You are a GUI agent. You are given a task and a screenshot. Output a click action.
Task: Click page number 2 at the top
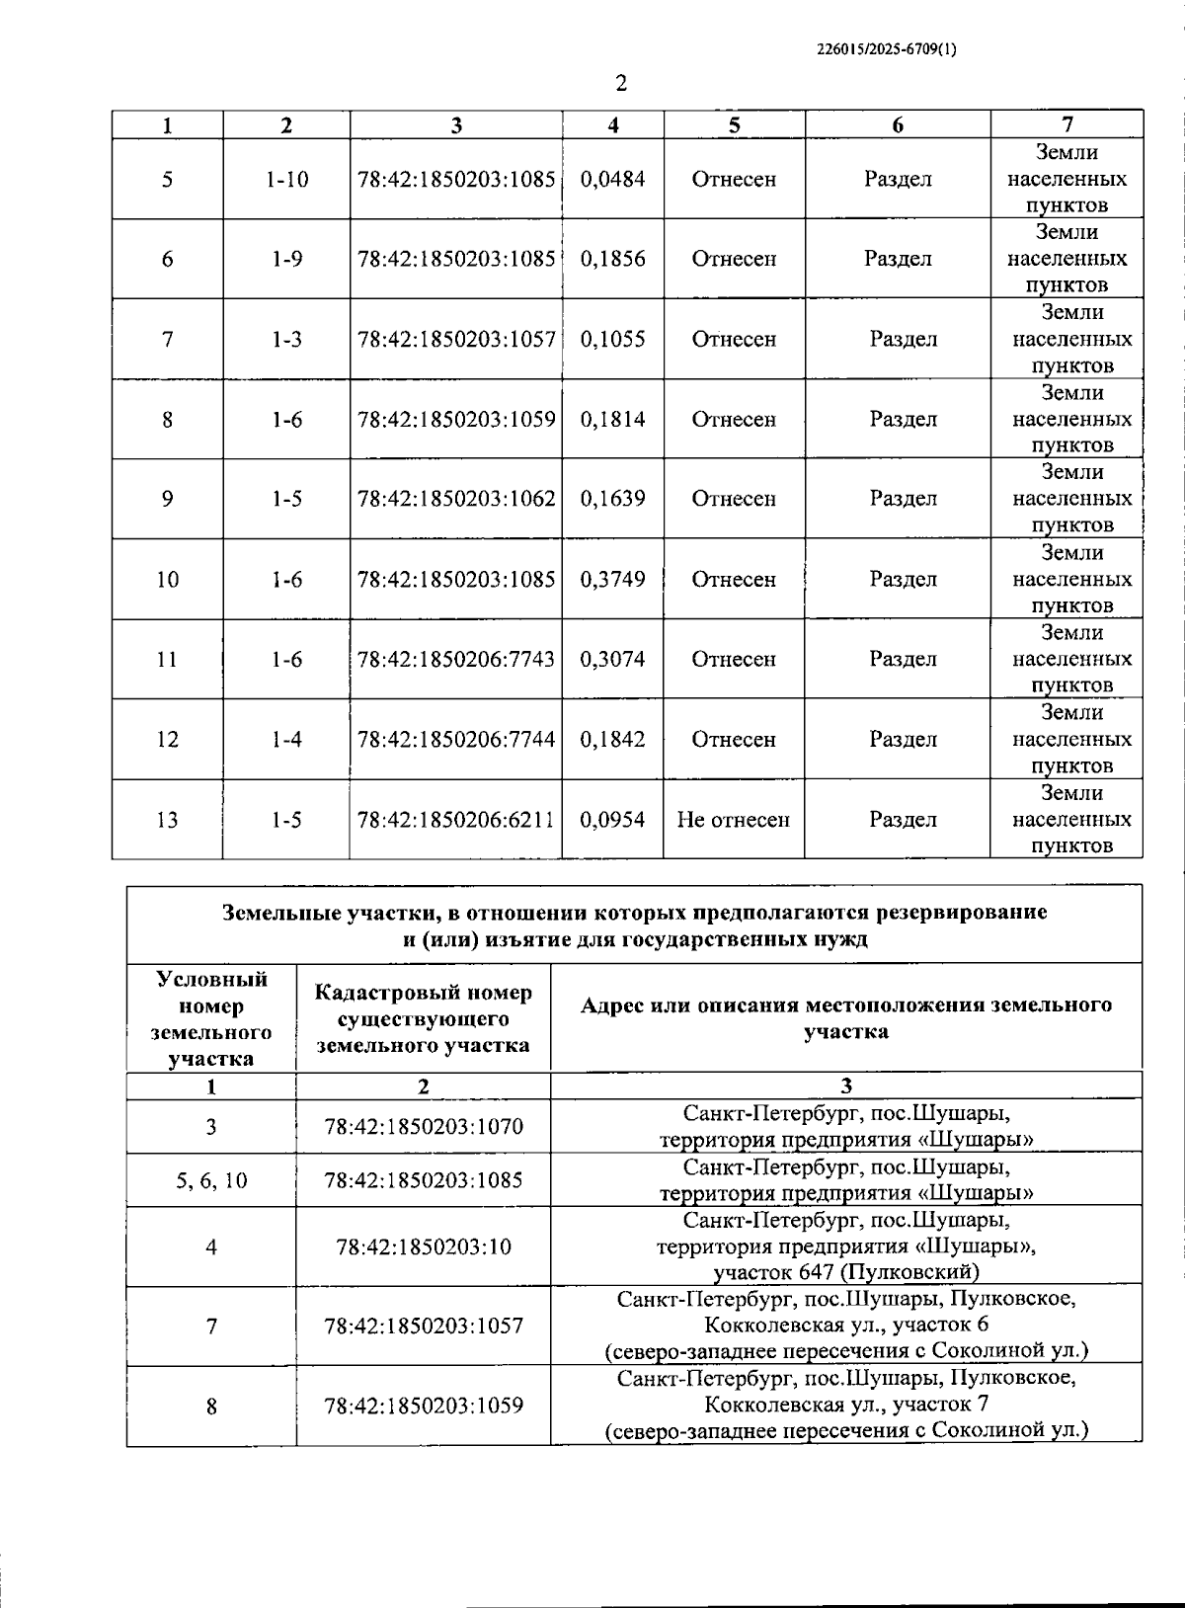coord(621,84)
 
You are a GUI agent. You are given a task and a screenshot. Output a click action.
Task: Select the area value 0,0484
coord(613,179)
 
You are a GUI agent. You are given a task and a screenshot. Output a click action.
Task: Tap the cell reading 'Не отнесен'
coord(734,819)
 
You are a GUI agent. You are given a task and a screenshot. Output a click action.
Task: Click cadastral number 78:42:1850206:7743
coord(456,659)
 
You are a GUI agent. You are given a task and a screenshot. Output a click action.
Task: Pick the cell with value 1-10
coord(286,179)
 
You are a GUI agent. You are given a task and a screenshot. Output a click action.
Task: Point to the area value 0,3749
coord(613,579)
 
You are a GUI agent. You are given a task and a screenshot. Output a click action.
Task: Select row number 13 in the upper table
coord(167,819)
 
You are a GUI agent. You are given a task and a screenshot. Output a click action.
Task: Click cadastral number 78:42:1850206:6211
coord(456,819)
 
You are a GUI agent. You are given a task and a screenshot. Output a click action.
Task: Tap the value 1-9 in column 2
coord(286,259)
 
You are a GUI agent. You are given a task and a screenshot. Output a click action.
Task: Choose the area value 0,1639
coord(613,499)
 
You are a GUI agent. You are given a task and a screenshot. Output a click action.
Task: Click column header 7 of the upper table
coord(1066,124)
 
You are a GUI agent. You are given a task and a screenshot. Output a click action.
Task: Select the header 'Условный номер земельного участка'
coord(211,1018)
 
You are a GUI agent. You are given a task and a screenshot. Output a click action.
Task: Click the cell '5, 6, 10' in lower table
coord(211,1180)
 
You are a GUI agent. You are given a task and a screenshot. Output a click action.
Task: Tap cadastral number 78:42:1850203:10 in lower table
coord(424,1246)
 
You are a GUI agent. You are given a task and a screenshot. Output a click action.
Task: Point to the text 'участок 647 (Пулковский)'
coord(846,1272)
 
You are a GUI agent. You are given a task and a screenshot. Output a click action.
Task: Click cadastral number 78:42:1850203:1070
coord(424,1126)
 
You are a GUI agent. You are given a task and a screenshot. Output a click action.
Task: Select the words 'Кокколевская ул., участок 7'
coord(846,1404)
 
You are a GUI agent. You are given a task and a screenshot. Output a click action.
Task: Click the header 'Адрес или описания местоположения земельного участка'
coord(846,1018)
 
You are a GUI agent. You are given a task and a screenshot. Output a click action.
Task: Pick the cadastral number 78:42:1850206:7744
coord(456,739)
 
